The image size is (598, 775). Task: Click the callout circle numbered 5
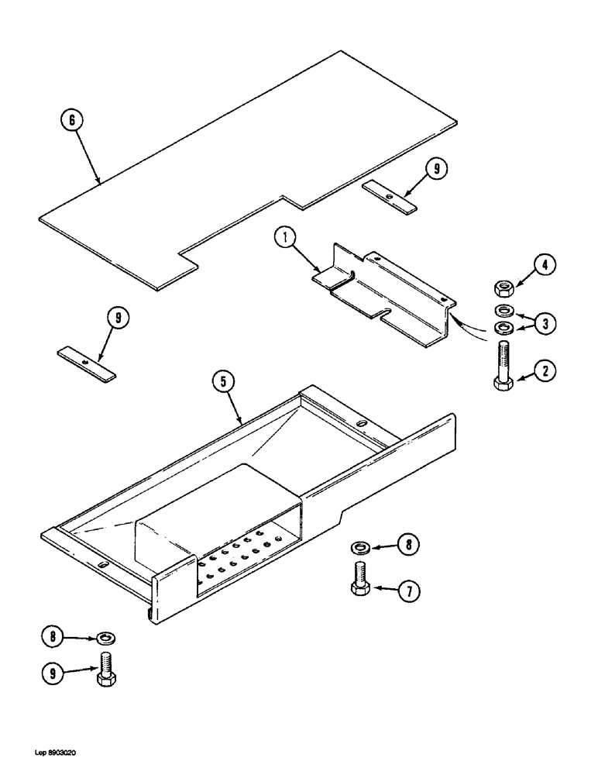[225, 383]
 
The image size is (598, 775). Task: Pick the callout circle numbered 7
[407, 591]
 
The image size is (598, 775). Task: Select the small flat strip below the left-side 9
[87, 363]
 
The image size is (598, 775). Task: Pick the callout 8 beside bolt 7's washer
[407, 546]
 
